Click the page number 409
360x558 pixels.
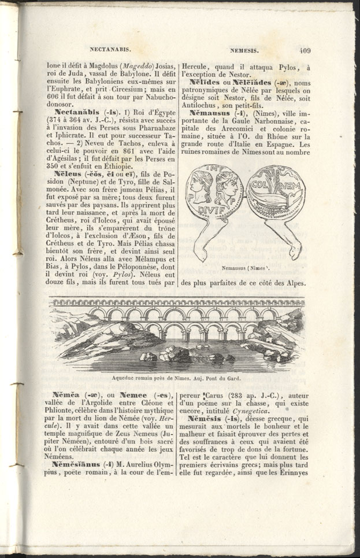(305, 50)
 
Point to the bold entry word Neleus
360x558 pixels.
(69, 173)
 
